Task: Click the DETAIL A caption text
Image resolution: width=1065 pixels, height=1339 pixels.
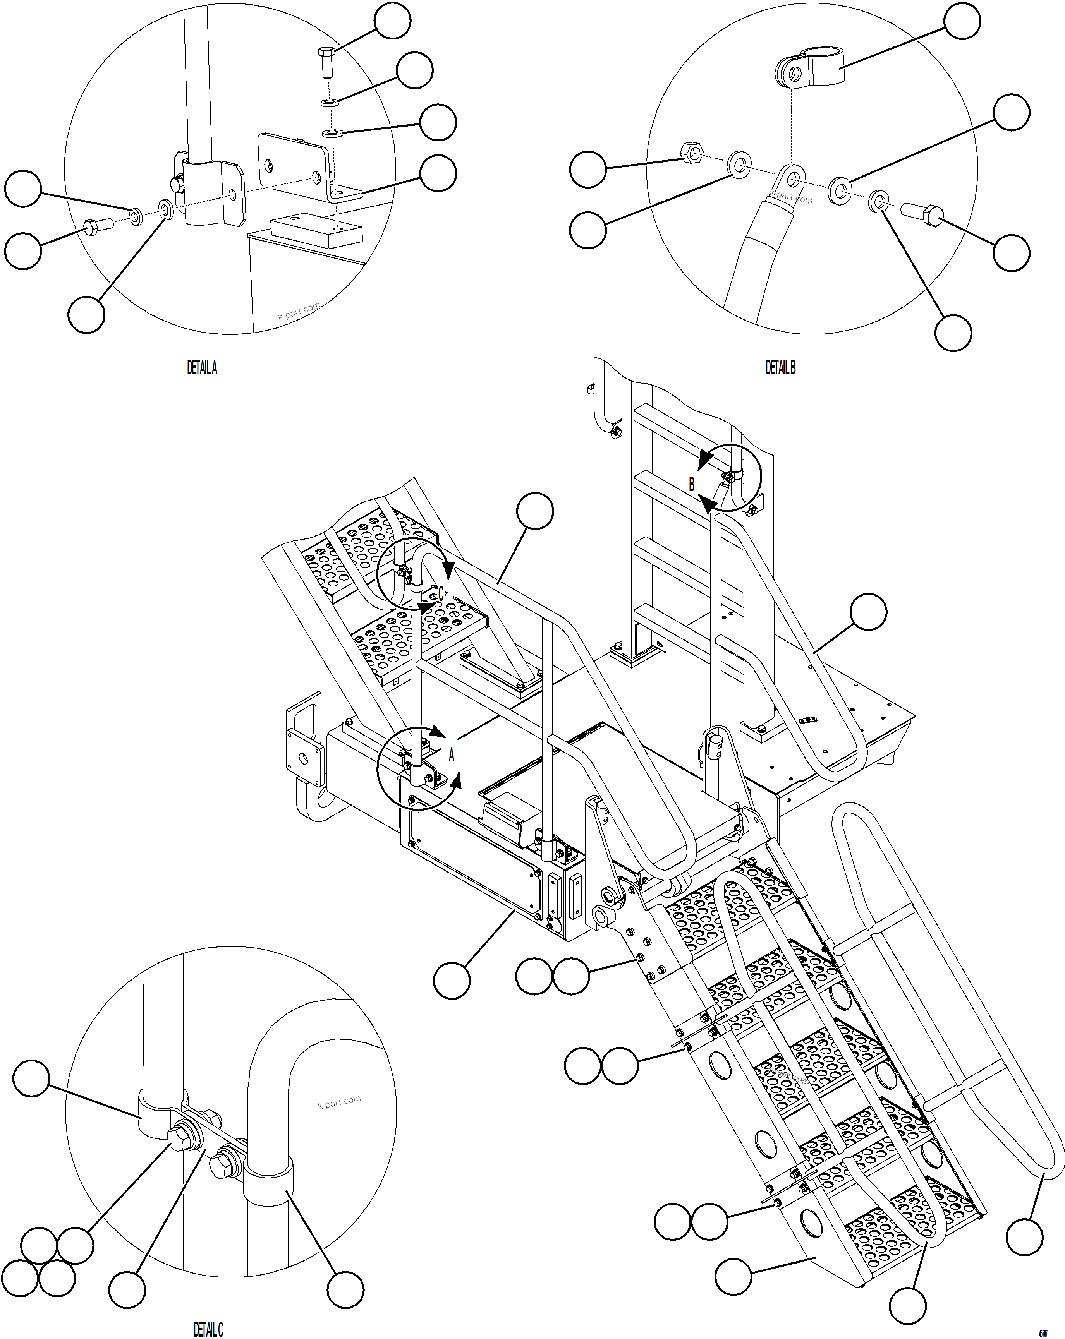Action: click(x=202, y=368)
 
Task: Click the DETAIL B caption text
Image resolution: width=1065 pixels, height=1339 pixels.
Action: click(x=780, y=368)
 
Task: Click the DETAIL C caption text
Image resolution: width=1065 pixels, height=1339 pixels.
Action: click(x=208, y=1329)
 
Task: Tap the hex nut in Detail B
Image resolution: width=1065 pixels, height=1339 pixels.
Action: click(x=692, y=151)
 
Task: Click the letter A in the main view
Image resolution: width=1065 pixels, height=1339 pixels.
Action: click(x=452, y=754)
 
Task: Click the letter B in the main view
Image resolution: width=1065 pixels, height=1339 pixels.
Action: click(x=692, y=484)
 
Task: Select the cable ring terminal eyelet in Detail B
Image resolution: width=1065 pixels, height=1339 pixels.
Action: click(x=792, y=180)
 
